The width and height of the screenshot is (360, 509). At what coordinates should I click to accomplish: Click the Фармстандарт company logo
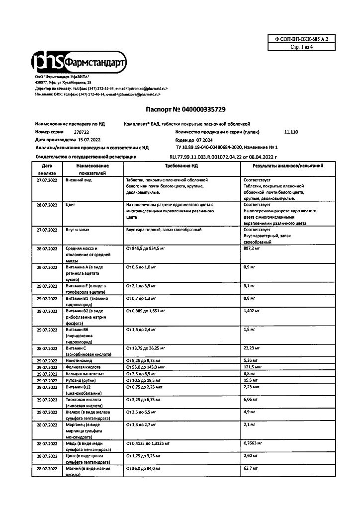coord(80,62)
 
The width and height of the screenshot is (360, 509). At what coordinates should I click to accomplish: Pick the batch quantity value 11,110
coord(291,132)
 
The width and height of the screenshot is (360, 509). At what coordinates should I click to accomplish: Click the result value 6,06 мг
coord(251,399)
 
